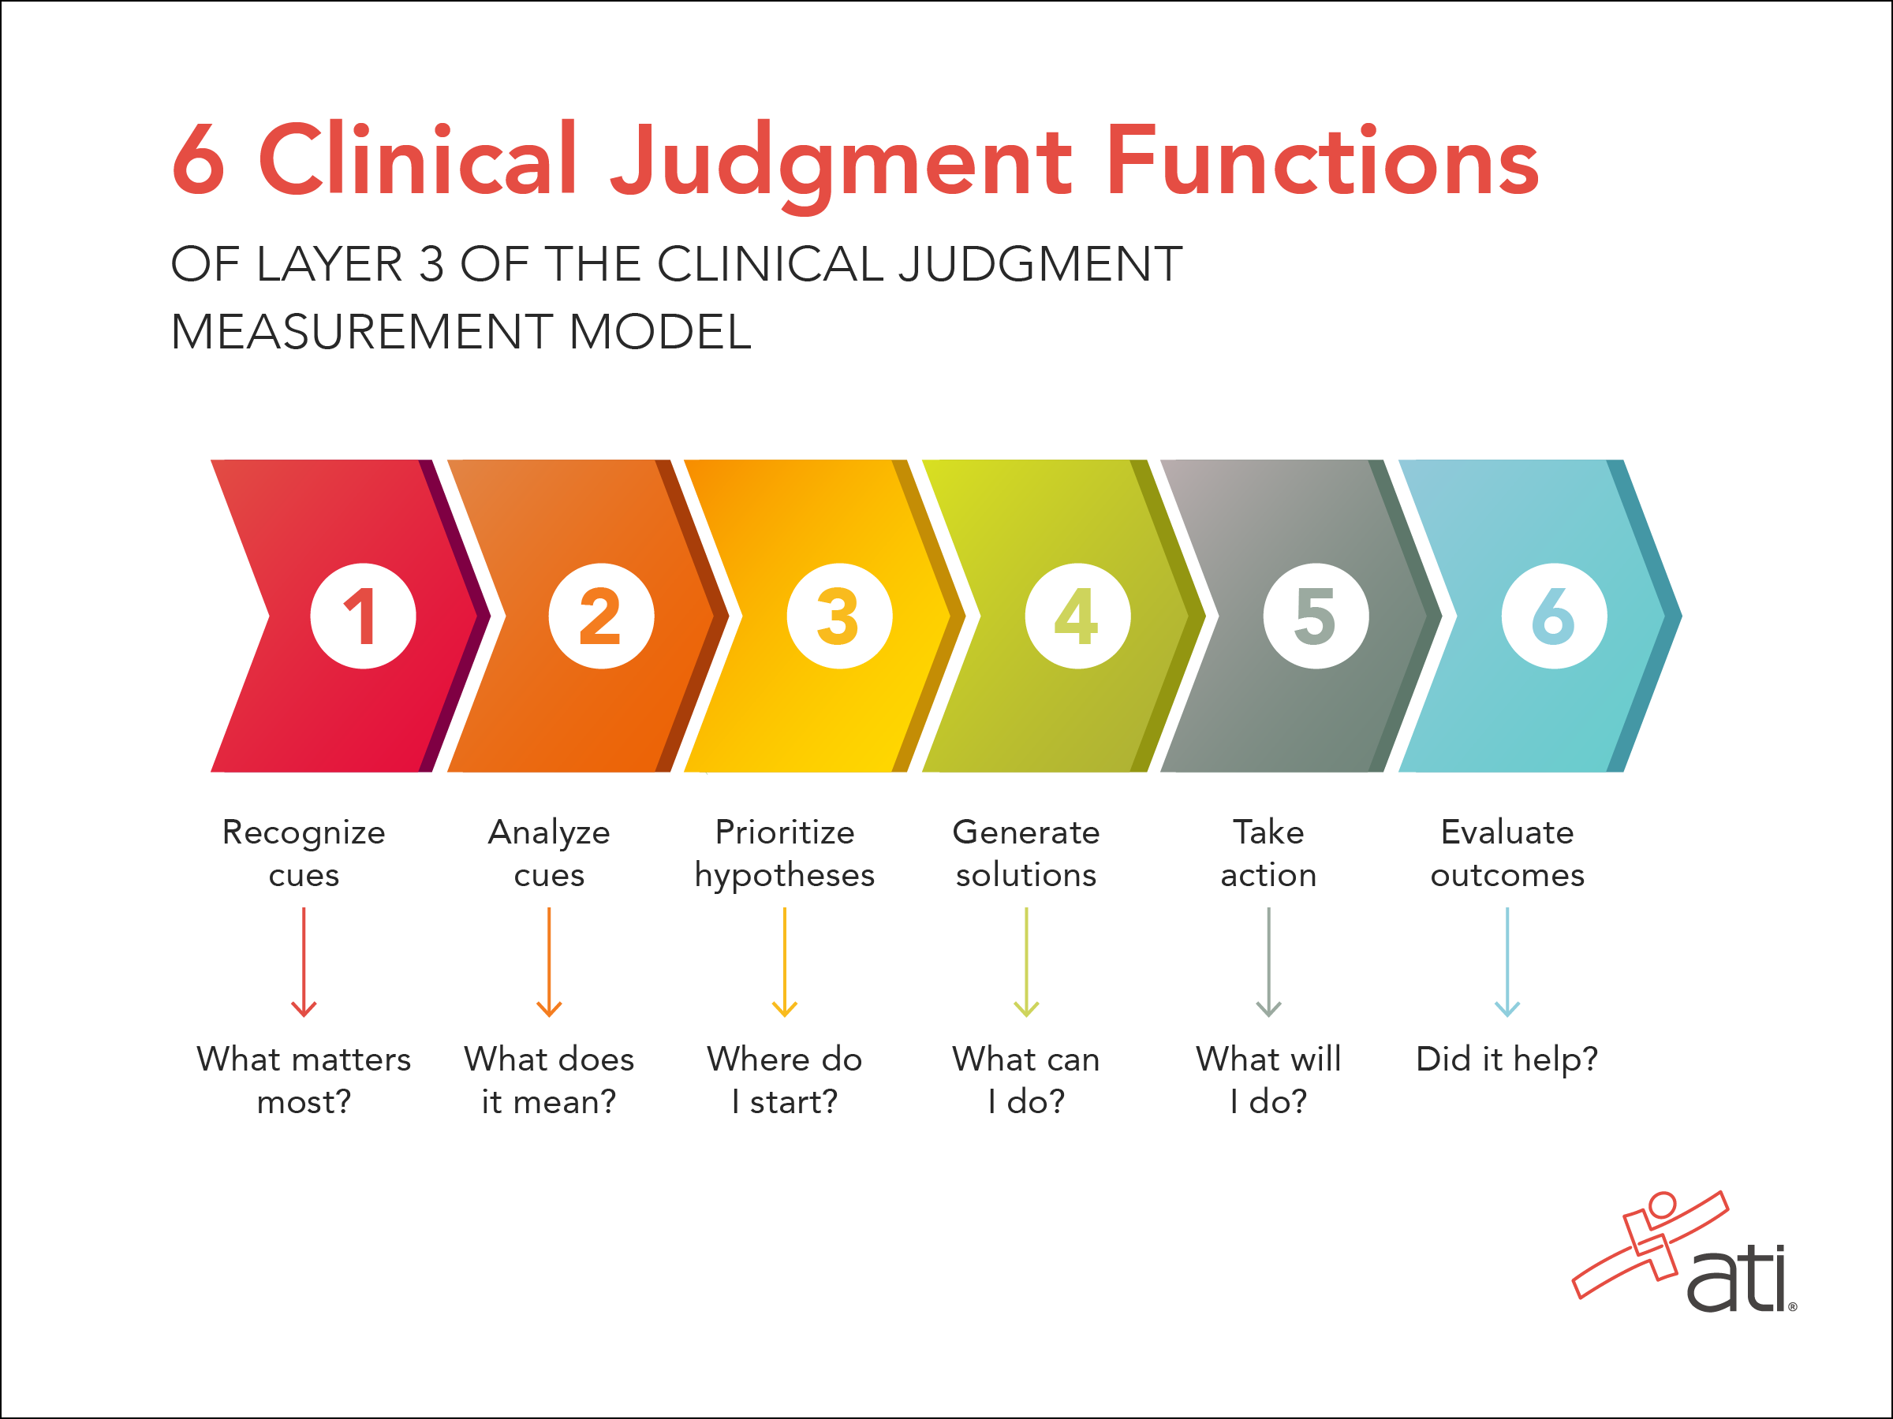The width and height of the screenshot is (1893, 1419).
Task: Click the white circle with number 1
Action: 363,616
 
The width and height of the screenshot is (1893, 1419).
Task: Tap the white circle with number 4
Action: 1077,616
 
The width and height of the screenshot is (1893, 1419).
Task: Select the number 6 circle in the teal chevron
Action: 1553,616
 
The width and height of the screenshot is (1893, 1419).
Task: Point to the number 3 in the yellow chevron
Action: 838,616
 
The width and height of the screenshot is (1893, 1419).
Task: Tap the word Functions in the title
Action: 1322,161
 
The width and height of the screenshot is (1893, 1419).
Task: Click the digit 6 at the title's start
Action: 199,161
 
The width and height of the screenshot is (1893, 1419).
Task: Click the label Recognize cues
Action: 304,853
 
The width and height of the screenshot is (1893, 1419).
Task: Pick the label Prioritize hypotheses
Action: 785,853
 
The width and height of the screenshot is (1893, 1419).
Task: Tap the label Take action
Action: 1268,853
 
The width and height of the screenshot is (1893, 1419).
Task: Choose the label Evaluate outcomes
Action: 1507,853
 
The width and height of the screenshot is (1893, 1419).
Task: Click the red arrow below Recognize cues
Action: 304,963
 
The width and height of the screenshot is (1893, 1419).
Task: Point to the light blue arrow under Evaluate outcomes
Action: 1507,963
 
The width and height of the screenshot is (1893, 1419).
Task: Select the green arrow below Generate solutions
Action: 1026,963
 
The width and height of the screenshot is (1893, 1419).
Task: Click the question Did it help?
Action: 1507,1059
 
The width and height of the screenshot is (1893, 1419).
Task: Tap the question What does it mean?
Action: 548,1079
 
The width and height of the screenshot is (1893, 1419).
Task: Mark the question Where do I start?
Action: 785,1079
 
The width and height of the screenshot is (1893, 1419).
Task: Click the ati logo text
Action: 1738,1280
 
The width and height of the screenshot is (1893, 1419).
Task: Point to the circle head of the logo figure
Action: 1662,1205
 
